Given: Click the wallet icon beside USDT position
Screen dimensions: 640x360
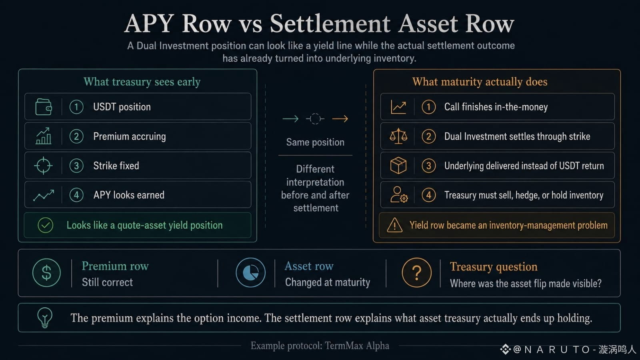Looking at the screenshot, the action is point(44,107).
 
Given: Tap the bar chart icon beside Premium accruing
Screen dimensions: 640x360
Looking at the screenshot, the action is point(44,136).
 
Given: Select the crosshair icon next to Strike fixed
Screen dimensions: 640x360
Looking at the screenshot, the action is point(44,166).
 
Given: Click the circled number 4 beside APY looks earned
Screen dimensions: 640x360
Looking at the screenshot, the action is point(76,195).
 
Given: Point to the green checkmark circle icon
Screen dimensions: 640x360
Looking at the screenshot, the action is point(46,225).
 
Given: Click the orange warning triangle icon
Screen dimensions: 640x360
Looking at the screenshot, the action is point(394,225).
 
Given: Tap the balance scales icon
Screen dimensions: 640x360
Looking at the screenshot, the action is point(398,136).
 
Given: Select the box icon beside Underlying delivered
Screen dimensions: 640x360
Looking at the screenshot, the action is point(398,166).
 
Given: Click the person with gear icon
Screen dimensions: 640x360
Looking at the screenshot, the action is point(399,195).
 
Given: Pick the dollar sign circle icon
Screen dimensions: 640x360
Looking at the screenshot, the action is point(46,272).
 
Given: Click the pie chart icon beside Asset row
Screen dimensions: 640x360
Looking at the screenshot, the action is point(250,272).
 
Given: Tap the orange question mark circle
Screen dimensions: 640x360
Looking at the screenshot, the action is point(416,272).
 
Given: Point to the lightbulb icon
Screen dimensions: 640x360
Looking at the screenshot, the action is point(45,318).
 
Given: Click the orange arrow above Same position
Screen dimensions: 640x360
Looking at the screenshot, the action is point(340,118).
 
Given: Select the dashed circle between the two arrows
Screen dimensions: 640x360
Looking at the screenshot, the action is point(315,118).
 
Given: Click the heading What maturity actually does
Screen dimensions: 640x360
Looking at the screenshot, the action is point(480,82).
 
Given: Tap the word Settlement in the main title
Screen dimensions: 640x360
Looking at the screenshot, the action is point(330,24).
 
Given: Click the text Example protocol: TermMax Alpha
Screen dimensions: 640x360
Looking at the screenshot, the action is point(320,346).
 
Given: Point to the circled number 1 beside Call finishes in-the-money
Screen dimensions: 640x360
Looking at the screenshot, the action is point(428,107).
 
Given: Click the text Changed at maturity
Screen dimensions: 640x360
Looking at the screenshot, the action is point(328,282).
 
